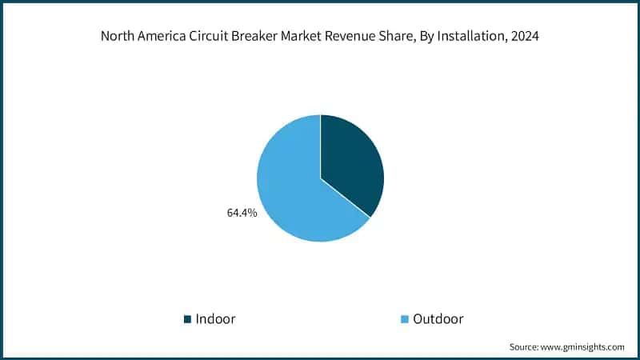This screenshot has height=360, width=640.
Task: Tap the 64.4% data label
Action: coord(241,214)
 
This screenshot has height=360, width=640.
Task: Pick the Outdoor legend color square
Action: coord(404,319)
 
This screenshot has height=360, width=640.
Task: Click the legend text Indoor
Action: coord(216,319)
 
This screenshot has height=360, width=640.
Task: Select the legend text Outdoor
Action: coord(438,319)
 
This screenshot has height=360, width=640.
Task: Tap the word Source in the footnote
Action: coord(525,347)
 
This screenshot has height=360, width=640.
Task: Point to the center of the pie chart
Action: coord(320,178)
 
